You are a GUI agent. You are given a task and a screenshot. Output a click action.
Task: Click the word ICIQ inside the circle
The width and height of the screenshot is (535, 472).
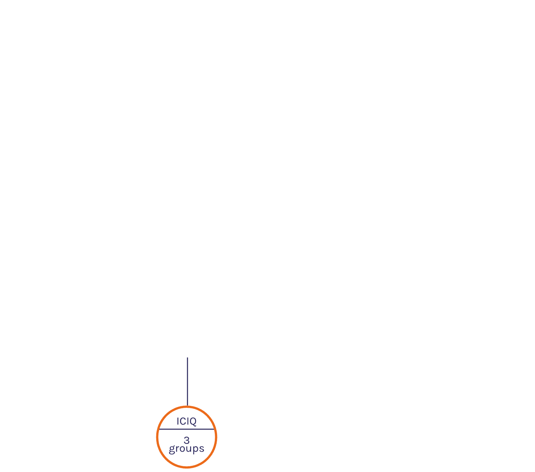(x=186, y=421)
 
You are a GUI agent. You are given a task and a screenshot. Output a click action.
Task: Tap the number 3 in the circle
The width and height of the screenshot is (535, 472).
(x=187, y=440)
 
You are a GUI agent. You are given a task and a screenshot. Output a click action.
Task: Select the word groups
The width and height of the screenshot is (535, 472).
(x=186, y=449)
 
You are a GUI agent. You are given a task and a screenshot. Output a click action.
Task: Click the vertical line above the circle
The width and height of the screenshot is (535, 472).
(x=187, y=382)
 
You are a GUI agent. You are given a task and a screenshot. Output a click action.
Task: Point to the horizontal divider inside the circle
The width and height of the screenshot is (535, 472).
(x=187, y=429)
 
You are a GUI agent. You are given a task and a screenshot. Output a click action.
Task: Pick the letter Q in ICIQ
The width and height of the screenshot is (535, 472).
(x=193, y=422)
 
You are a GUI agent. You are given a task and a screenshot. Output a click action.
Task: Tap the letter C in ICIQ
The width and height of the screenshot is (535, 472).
(x=183, y=421)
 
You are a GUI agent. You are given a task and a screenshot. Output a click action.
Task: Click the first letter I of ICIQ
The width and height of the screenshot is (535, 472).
(x=178, y=421)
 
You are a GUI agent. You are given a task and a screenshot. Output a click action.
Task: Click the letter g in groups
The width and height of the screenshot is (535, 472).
(x=172, y=450)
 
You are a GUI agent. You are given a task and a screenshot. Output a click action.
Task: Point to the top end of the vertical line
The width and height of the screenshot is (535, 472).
(x=187, y=358)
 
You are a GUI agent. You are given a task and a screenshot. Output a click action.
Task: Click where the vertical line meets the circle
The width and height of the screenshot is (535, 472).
(x=187, y=406)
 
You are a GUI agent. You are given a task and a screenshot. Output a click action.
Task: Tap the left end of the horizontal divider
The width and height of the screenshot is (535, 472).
(x=159, y=429)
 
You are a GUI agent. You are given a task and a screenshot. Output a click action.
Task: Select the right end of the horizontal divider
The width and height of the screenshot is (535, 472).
(x=214, y=429)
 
